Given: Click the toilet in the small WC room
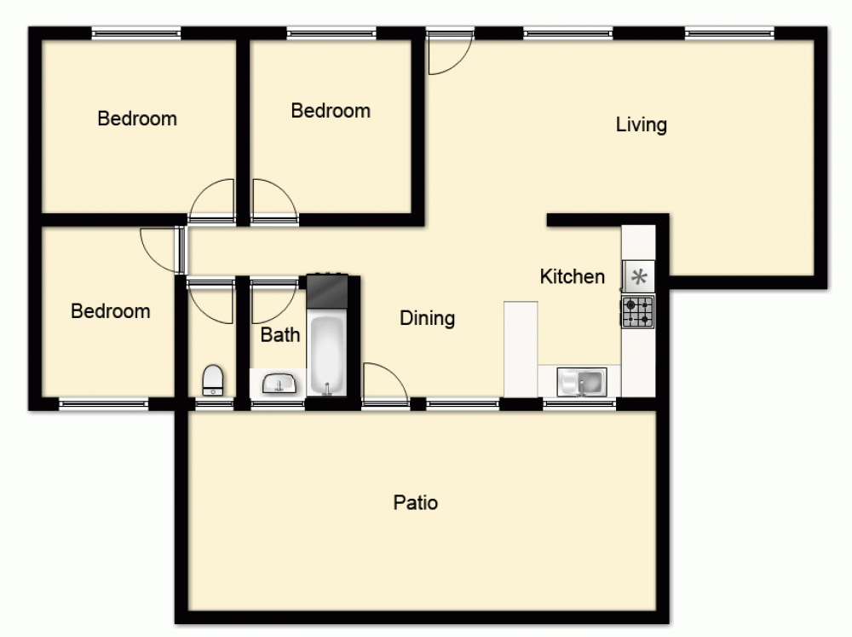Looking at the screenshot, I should [213, 379].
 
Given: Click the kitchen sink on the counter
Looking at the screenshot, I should [582, 382].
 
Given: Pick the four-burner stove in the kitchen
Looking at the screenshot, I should [637, 312].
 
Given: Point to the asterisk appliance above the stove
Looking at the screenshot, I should [638, 276].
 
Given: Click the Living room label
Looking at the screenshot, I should [641, 125].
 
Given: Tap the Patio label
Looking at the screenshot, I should [416, 502].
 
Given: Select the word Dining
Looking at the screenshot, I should [427, 318].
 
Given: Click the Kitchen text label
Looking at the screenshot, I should [573, 276].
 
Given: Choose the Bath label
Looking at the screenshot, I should [280, 334].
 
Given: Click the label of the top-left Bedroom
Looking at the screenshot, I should [137, 119].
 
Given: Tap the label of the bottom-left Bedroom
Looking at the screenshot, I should [111, 311].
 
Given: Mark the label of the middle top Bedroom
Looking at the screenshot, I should [331, 111].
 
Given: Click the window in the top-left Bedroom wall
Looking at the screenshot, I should [136, 33].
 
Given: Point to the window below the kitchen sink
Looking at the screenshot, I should [579, 403].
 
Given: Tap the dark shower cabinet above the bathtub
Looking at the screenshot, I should [328, 292].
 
